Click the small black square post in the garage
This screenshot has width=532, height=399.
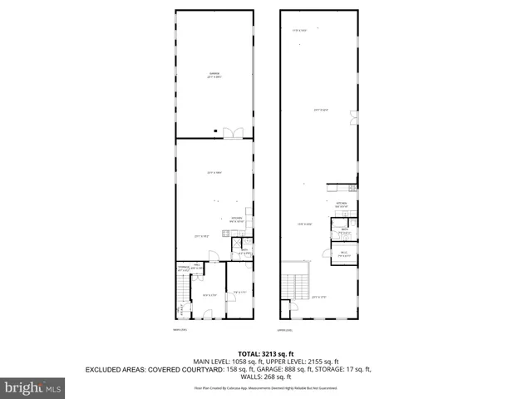(215, 130)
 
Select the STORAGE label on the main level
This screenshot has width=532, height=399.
(183, 267)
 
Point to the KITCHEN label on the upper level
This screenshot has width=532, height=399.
(341, 203)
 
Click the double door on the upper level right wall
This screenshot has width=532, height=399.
(352, 113)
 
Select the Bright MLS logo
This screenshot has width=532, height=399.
(33, 387)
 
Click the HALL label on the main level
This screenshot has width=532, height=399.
(197, 265)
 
